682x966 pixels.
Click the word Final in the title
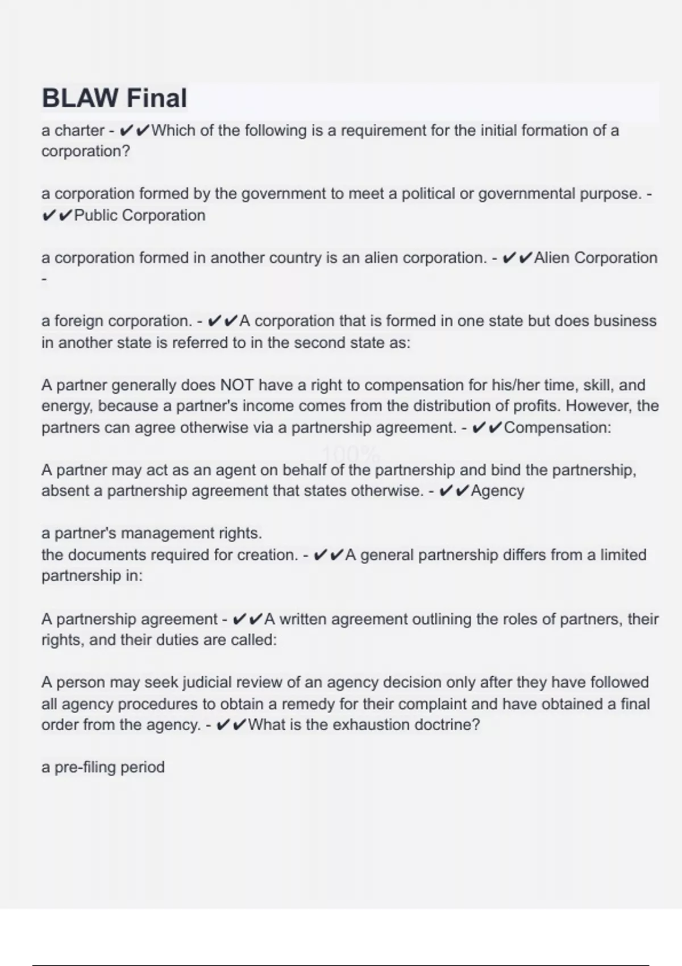point(156,98)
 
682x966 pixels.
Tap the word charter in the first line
point(79,131)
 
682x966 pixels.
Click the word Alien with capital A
point(552,258)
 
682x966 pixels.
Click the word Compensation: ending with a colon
point(558,428)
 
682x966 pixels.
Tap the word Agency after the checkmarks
point(497,491)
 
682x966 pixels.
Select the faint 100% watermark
point(351,454)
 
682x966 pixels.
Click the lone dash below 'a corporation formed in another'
point(44,280)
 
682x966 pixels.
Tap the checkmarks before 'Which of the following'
point(135,131)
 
